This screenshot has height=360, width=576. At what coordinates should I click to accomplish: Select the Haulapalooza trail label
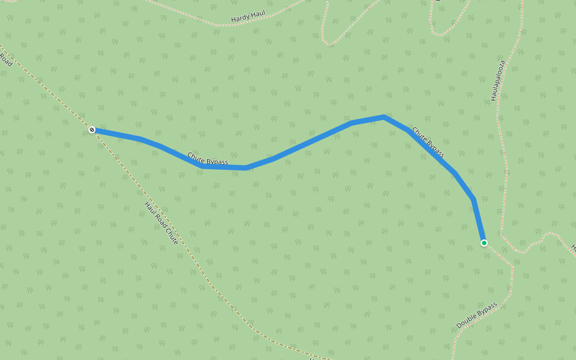[496, 80]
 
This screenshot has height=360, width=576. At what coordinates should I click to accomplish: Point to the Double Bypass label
[477, 315]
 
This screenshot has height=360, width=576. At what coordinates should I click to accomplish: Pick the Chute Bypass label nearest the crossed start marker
[208, 158]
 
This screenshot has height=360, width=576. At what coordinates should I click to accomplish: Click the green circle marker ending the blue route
[484, 243]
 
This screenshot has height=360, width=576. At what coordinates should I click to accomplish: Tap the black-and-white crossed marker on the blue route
[92, 130]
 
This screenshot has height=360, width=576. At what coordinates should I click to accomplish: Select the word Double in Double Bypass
[467, 321]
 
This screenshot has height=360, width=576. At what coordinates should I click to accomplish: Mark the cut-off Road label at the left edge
[5, 60]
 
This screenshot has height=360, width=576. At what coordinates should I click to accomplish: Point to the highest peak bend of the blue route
[383, 116]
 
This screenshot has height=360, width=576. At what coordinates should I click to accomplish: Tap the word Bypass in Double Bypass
[487, 309]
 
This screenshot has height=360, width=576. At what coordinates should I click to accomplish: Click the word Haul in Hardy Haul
[257, 13]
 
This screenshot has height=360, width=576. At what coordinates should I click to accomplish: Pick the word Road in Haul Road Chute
[161, 223]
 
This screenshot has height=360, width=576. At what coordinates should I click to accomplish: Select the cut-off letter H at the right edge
[573, 247]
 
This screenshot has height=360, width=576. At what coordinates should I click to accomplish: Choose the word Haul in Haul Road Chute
[150, 208]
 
